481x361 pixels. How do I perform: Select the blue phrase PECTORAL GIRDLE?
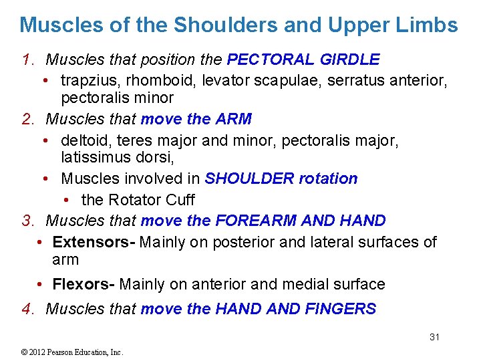[303, 59]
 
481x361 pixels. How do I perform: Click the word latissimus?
[97, 158]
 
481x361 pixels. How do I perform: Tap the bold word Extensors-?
[94, 241]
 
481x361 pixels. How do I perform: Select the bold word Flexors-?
[83, 284]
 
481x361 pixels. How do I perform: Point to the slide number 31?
[434, 337]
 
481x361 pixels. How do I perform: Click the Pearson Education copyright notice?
[63, 352]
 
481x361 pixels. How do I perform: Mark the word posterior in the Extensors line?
[247, 241]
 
